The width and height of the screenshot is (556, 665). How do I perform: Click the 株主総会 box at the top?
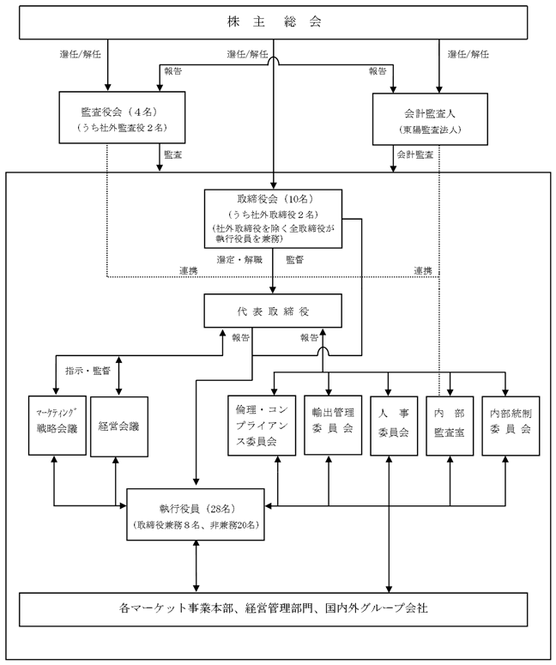(x=273, y=22)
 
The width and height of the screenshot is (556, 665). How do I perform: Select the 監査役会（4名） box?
(x=122, y=118)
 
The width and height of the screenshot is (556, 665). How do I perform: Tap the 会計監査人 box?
(x=430, y=119)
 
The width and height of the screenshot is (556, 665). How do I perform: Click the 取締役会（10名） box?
(x=273, y=219)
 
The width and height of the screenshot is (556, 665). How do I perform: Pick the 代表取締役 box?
(x=273, y=311)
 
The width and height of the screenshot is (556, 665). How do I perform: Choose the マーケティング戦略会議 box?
(x=57, y=426)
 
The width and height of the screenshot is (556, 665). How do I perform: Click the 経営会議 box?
(x=119, y=426)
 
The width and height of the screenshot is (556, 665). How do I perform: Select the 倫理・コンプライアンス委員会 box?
(x=262, y=426)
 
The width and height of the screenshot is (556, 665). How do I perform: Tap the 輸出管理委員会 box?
(x=333, y=425)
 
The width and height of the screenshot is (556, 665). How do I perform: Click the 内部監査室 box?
(x=450, y=426)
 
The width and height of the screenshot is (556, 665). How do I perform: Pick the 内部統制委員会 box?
(x=511, y=426)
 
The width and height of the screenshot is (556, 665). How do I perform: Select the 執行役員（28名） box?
(x=196, y=515)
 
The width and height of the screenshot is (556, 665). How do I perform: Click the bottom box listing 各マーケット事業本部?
(x=273, y=609)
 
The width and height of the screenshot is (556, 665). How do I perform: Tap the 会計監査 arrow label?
(x=414, y=154)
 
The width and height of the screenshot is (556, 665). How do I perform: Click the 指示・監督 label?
(x=88, y=371)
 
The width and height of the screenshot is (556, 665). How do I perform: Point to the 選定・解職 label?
(x=239, y=260)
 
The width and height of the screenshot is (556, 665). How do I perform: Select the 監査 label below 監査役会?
(x=173, y=154)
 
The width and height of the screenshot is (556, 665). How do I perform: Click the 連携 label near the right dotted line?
(x=423, y=270)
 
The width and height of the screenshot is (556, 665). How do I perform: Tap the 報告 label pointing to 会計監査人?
(x=378, y=71)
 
